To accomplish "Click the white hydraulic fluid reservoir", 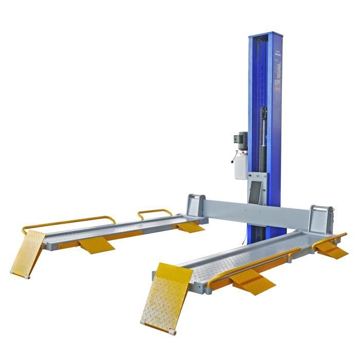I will pos(241,165).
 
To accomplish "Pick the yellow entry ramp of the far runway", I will pos(29,251).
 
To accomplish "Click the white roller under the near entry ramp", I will pos(142,322).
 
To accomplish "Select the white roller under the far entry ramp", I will pos(13,271).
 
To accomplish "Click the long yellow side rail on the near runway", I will pos(257,263).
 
